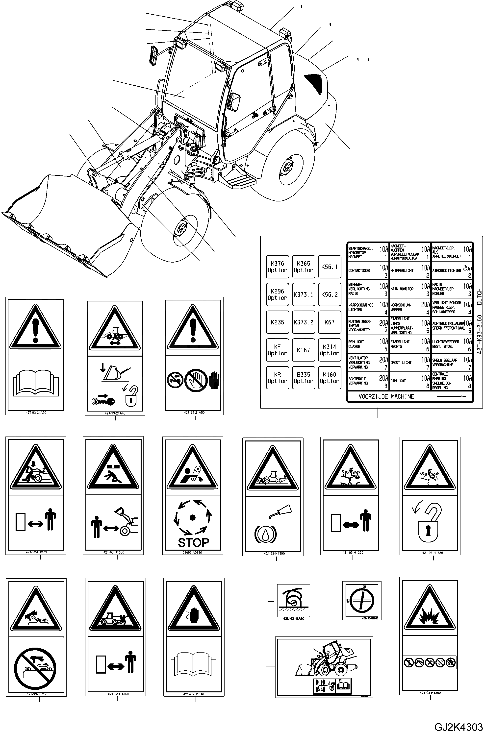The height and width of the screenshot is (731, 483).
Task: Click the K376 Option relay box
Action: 277,267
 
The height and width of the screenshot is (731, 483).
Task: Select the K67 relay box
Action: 329,322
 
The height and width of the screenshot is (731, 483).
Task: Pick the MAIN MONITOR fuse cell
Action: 410,289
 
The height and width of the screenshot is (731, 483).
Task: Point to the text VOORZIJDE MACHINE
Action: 386,397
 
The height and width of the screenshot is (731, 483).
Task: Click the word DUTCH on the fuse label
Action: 479,296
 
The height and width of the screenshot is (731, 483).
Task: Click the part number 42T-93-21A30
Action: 36,413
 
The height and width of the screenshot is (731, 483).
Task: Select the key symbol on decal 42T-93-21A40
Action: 103,401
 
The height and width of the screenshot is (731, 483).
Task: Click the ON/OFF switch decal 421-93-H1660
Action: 362,600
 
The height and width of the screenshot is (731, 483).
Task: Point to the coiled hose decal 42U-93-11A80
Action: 293,600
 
